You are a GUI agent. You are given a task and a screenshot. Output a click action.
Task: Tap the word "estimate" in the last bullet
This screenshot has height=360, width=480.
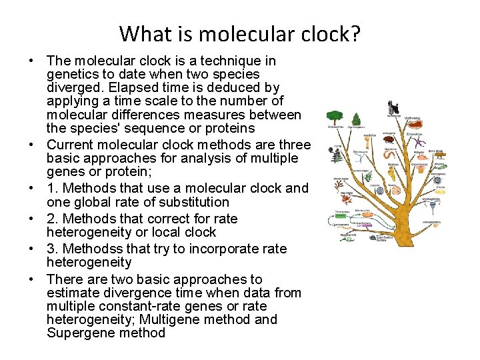[72, 293]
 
